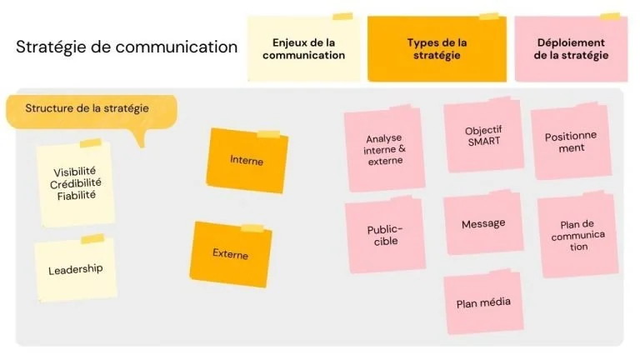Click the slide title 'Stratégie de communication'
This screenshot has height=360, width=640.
[127, 47]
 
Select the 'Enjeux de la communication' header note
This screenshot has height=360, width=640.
[304, 48]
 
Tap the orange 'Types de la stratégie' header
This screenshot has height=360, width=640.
[437, 48]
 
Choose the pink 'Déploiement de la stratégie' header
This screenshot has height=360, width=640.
[571, 48]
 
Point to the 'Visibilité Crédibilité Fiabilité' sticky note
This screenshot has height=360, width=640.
[76, 183]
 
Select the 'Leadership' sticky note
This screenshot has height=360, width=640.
[76, 269]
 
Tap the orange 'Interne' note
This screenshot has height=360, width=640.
[247, 160]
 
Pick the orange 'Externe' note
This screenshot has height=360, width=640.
[231, 254]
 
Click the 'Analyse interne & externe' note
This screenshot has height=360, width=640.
[384, 149]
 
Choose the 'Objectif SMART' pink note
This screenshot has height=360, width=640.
[483, 136]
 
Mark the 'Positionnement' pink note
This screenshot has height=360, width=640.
[571, 142]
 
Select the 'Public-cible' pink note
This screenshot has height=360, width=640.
[385, 236]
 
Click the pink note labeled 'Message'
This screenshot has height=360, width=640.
[483, 223]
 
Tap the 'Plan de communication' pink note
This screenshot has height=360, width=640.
[578, 235]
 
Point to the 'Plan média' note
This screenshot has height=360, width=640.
[483, 302]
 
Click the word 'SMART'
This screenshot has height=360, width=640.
[484, 142]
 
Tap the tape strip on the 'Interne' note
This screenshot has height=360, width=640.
[268, 134]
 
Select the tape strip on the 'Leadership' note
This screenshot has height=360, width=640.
[92, 239]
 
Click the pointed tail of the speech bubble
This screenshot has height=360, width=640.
[141, 145]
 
